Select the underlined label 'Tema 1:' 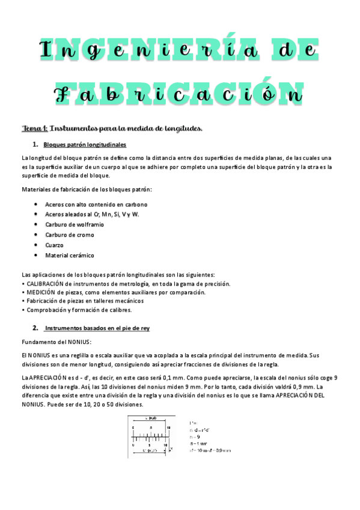pos(34,128)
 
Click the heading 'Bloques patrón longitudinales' pos(85,145)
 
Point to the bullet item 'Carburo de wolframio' pos(73,224)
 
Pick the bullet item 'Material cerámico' pos(69,255)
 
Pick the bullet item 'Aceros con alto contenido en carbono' pos(96,204)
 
